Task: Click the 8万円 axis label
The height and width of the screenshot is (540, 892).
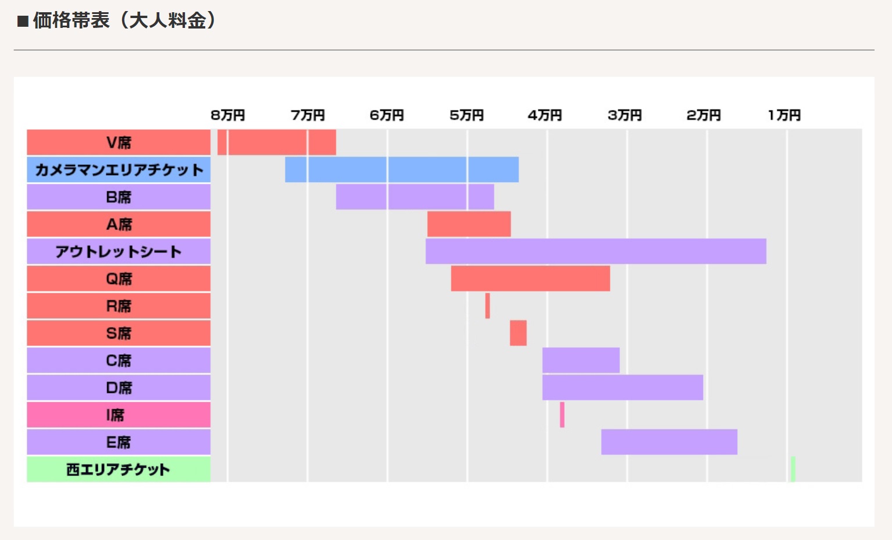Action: [227, 115]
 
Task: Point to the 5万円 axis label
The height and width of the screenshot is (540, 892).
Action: [466, 115]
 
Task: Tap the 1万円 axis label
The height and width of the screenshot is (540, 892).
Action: [784, 115]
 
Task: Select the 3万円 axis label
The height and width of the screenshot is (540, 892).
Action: [625, 115]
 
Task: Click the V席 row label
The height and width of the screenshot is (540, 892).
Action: [119, 143]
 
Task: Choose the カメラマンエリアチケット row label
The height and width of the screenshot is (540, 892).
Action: [119, 170]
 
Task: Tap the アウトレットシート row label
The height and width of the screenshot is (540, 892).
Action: [119, 251]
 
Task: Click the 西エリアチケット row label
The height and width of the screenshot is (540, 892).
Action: [119, 470]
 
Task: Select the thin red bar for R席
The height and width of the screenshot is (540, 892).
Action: [488, 306]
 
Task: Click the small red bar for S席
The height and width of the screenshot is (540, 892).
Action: [518, 333]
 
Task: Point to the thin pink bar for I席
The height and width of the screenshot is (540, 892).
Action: [562, 415]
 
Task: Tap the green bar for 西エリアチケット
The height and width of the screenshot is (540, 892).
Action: [793, 470]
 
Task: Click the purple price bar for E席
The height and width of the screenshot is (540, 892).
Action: [669, 442]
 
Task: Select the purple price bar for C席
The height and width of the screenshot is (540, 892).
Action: [581, 360]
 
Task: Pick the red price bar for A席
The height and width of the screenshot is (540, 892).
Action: [469, 224]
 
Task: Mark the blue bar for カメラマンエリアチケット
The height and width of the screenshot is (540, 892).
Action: [401, 170]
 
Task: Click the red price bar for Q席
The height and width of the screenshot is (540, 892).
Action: [530, 279]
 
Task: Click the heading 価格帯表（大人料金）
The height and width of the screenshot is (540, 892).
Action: [124, 21]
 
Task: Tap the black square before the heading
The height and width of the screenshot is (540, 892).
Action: [23, 22]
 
